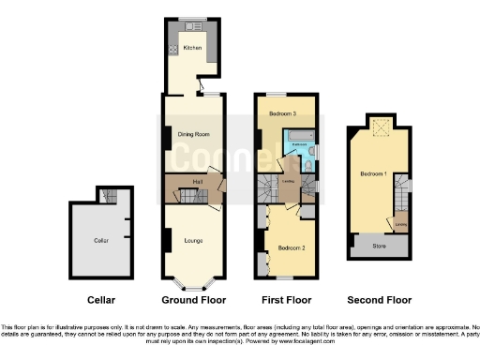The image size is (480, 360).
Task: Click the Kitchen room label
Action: pos(192,48)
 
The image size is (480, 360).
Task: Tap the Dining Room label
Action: pos(193,134)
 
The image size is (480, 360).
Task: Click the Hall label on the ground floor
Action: pos(198,181)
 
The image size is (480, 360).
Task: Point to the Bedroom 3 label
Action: pos(282,113)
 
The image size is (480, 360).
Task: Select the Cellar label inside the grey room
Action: pos(101,241)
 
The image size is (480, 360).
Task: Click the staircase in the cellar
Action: pos(111,195)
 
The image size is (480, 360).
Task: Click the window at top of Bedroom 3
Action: pos(277,96)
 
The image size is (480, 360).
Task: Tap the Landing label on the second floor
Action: pos(400,223)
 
